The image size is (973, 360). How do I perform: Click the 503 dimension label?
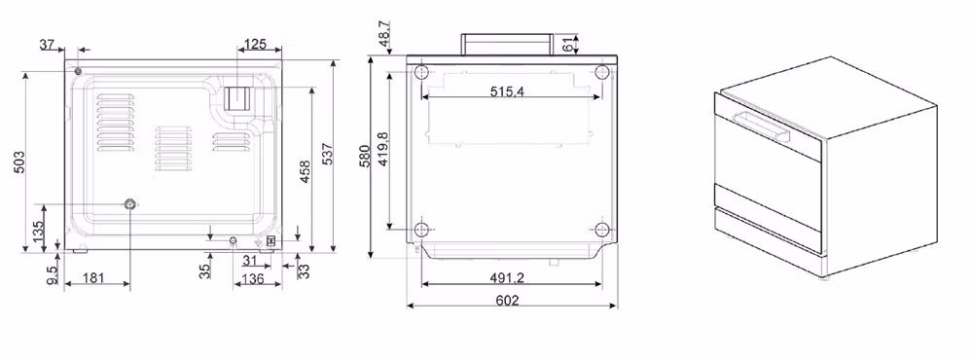pyautogui.click(x=19, y=162)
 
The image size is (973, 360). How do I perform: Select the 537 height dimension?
pyautogui.click(x=327, y=155)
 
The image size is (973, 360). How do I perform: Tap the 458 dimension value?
pyautogui.click(x=306, y=172)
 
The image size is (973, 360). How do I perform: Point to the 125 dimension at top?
pyautogui.click(x=255, y=44)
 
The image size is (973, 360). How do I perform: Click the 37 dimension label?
pyautogui.click(x=47, y=45)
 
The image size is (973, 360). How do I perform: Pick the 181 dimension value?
pyautogui.click(x=93, y=278)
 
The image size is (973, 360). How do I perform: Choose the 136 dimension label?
pyautogui.click(x=253, y=278)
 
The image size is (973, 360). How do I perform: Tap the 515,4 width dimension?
pyautogui.click(x=507, y=91)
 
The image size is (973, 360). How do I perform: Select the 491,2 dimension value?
pyautogui.click(x=507, y=278)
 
